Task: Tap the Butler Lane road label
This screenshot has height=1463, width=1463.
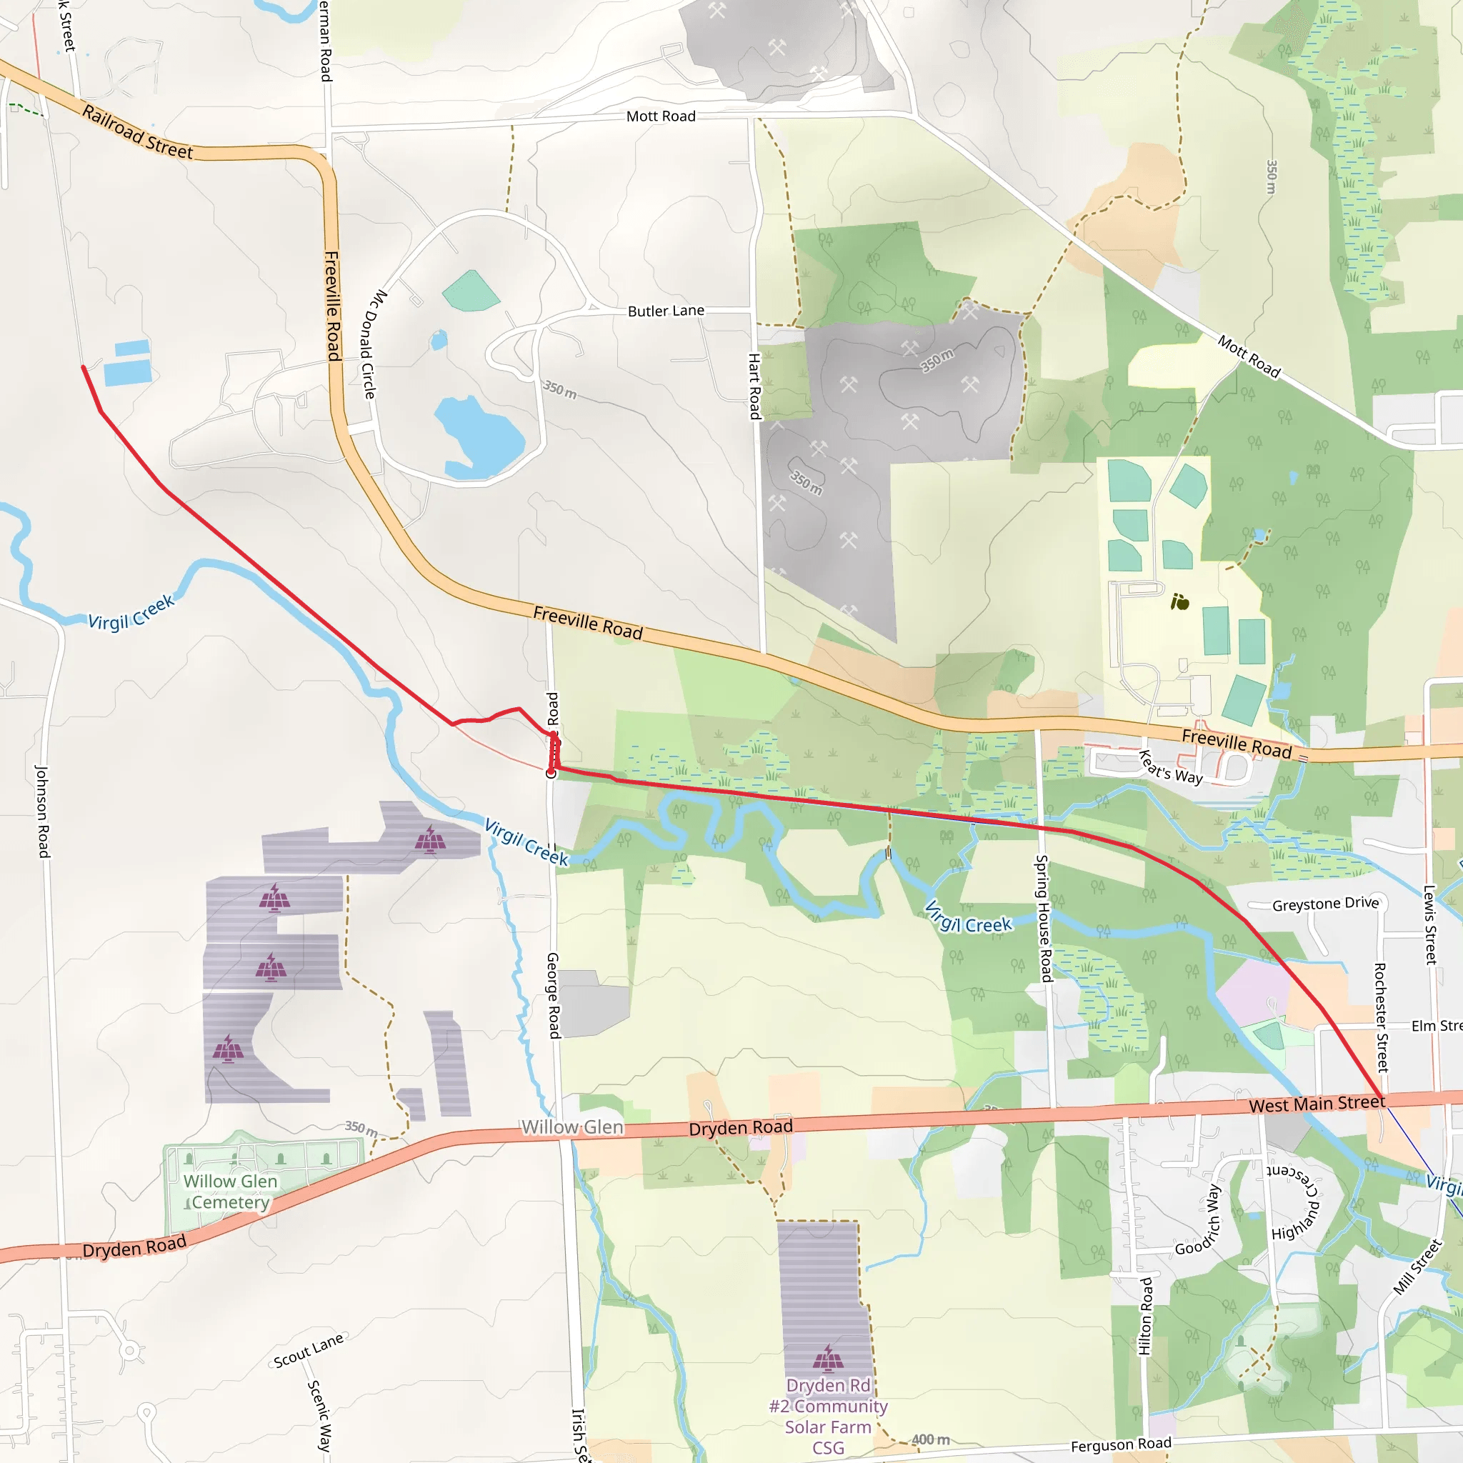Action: tap(666, 311)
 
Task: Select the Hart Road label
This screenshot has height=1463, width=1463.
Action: tap(754, 386)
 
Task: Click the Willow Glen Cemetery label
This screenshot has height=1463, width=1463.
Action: tap(229, 1192)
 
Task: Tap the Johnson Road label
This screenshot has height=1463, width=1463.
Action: tap(42, 811)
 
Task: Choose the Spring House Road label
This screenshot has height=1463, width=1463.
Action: tap(1044, 919)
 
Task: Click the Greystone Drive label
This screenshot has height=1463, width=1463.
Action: tap(1325, 904)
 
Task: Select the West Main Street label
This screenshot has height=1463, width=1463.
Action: tap(1317, 1104)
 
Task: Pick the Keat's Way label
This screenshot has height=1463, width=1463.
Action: tap(1171, 767)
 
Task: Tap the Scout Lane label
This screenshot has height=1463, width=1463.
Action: tap(308, 1350)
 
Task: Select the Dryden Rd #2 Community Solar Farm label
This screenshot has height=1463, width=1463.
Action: tap(829, 1416)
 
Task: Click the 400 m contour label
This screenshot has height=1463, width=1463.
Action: tap(930, 1439)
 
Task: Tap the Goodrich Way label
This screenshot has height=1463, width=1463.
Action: tap(1198, 1221)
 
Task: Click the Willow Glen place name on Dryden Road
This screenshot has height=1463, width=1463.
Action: tap(571, 1127)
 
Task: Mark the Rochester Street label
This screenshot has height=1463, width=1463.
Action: tap(1382, 1018)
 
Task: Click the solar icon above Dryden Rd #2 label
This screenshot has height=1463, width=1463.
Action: tap(828, 1359)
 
